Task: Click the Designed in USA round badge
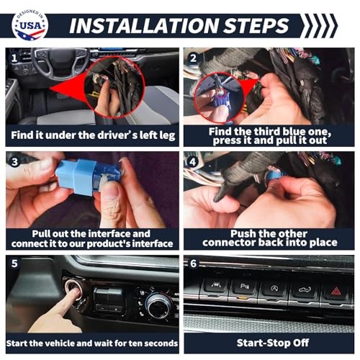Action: tap(30, 26)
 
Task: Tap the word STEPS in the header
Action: tap(256, 25)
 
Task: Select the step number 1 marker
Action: tap(14, 58)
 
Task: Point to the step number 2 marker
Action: tap(194, 58)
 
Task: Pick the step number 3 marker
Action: tap(14, 162)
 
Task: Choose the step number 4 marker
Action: tap(193, 162)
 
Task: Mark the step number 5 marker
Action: tap(14, 264)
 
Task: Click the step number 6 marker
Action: tap(194, 264)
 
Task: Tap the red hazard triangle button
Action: tap(336, 292)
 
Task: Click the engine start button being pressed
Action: tap(73, 289)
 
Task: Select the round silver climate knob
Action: tap(158, 305)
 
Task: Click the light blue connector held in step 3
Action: tap(81, 177)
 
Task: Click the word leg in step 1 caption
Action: tap(168, 136)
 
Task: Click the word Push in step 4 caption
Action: tap(241, 233)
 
